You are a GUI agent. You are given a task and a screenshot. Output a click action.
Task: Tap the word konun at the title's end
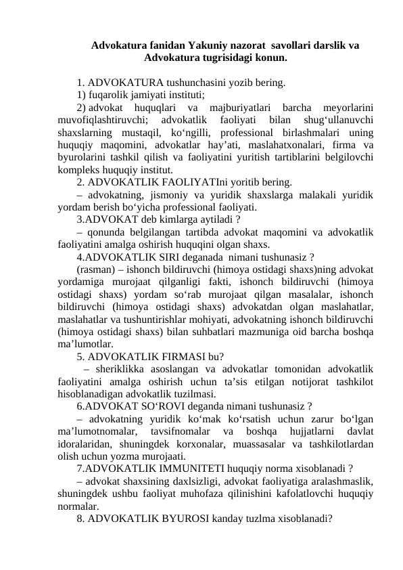(x=270, y=58)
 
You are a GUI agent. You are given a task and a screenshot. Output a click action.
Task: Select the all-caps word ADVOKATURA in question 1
(x=124, y=83)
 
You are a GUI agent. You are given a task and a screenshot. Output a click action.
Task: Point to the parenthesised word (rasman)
(x=95, y=269)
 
